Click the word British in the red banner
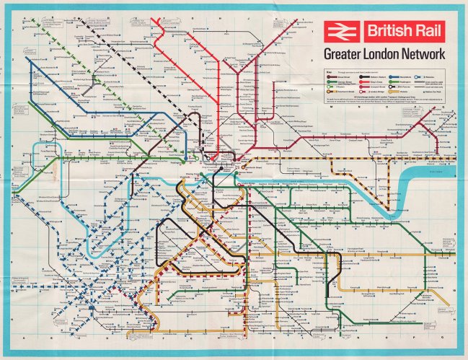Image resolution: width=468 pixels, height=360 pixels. [387, 30]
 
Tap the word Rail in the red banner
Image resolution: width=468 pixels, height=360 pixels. [428, 30]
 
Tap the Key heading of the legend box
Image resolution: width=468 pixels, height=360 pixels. [328, 72]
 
